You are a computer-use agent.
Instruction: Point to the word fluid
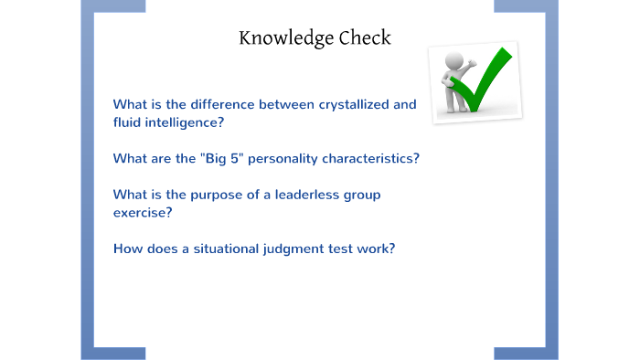[128, 122]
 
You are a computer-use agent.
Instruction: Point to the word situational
[216, 249]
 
